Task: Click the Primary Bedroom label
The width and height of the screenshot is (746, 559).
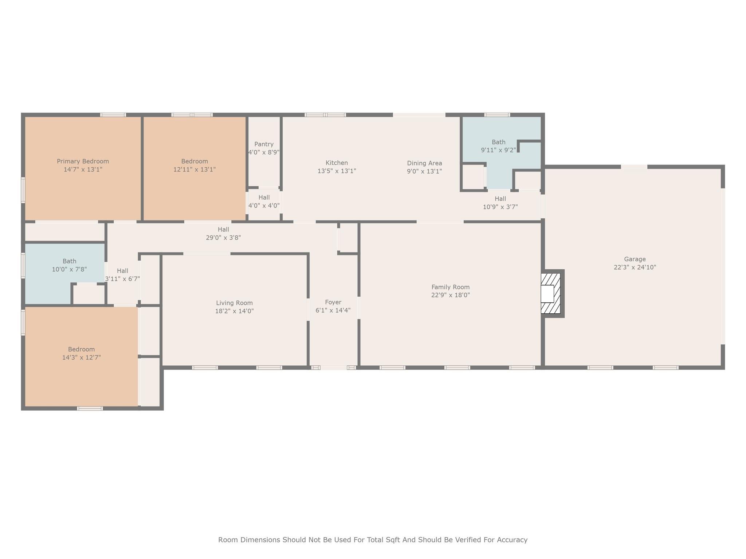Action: [x=83, y=161]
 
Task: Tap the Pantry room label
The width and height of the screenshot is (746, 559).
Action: [x=264, y=144]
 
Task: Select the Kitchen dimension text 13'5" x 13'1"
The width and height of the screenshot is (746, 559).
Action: [x=337, y=171]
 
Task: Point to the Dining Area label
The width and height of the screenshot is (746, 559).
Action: [x=424, y=163]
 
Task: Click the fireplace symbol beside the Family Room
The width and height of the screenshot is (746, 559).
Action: [x=552, y=293]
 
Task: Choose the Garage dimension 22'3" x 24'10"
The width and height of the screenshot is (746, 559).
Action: [x=635, y=267]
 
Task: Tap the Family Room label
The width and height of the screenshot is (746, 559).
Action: [x=451, y=287]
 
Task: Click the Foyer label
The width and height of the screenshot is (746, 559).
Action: [x=333, y=302]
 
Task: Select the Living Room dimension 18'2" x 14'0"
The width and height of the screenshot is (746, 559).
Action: [x=234, y=311]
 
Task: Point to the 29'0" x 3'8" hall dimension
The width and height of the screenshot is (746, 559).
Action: [x=223, y=238]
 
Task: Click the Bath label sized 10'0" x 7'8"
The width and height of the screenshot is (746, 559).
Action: [x=69, y=261]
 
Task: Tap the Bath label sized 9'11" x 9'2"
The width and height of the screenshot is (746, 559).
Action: [x=499, y=142]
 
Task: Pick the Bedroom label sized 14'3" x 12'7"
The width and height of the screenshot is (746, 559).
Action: [x=81, y=349]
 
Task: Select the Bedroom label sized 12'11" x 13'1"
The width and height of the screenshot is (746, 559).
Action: [x=195, y=161]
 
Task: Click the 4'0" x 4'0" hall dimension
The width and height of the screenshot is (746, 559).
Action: [x=264, y=206]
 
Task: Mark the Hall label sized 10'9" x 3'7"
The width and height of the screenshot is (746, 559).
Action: [x=500, y=199]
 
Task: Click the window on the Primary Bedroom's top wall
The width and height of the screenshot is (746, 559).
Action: [x=113, y=115]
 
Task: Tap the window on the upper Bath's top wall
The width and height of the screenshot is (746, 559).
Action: [x=497, y=115]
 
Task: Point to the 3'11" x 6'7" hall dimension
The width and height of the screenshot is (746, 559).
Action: [x=122, y=279]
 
